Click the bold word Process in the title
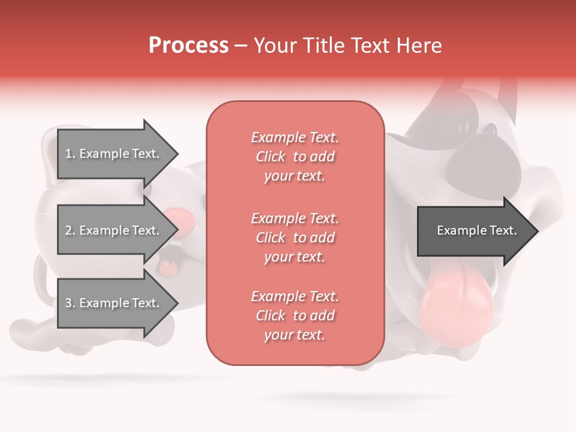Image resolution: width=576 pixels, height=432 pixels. pyautogui.click(x=188, y=46)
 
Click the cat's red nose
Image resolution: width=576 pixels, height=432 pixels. pyautogui.click(x=180, y=220)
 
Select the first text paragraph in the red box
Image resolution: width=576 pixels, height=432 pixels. pyautogui.click(x=295, y=157)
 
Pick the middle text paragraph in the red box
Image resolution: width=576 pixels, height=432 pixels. pyautogui.click(x=295, y=238)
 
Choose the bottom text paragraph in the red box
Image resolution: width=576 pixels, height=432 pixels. pyautogui.click(x=295, y=316)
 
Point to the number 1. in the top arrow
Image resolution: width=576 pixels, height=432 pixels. pyautogui.click(x=70, y=154)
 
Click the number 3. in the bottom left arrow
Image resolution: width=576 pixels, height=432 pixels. pyautogui.click(x=70, y=303)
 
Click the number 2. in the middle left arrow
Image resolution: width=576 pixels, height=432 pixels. pyautogui.click(x=70, y=230)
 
